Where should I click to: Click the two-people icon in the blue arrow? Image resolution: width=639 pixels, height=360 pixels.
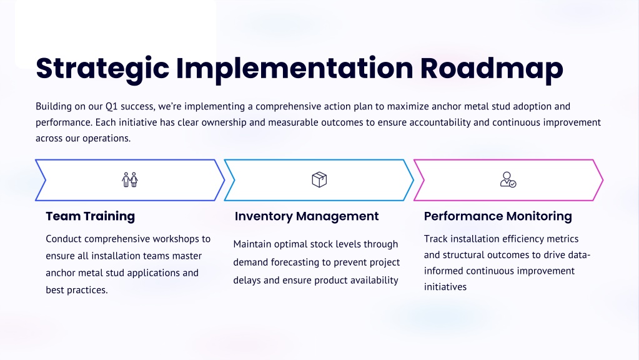pyautogui.click(x=130, y=180)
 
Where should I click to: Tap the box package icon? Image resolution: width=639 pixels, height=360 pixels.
pyautogui.click(x=319, y=180)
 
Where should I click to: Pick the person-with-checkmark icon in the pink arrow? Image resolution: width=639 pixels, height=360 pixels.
pyautogui.click(x=508, y=180)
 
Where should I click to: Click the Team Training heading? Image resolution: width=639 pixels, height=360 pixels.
pyautogui.click(x=91, y=216)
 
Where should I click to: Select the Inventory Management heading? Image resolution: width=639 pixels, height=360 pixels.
pyautogui.click(x=307, y=216)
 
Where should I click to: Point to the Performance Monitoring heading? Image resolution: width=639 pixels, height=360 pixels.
pyautogui.click(x=498, y=216)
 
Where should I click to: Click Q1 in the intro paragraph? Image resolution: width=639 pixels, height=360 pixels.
pyautogui.click(x=112, y=106)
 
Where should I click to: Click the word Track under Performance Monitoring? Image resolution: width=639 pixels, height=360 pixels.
pyautogui.click(x=435, y=239)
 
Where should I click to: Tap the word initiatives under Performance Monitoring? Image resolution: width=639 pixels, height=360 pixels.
pyautogui.click(x=445, y=287)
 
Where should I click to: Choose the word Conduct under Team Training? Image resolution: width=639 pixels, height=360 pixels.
pyautogui.click(x=64, y=239)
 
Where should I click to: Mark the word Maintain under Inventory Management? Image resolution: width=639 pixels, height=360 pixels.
pyautogui.click(x=252, y=244)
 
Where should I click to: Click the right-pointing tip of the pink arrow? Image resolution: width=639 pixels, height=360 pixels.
pyautogui.click(x=602, y=180)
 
